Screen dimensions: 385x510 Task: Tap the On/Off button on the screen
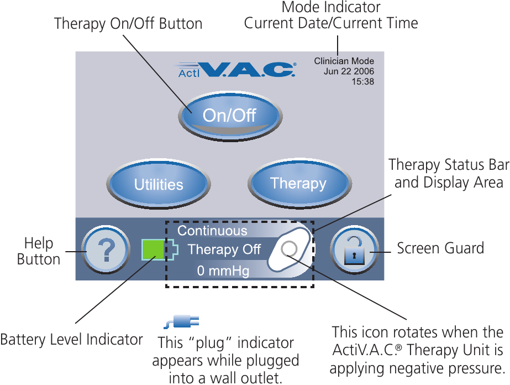pos(229,116)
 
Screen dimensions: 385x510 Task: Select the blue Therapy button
pos(298,183)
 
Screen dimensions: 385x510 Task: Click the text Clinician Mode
pos(344,61)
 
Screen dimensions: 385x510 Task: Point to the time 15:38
pos(362,81)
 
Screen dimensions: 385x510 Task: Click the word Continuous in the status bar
pos(212,231)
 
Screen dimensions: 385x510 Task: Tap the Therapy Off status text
pos(224,249)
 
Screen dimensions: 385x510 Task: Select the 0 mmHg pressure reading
pos(223,271)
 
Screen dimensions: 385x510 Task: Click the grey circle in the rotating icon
pos(289,249)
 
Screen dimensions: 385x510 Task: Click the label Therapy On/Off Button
pos(128,24)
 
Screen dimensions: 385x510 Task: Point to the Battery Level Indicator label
pos(71,339)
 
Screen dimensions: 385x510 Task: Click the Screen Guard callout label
pos(440,248)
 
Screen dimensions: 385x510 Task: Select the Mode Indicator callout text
pos(331,7)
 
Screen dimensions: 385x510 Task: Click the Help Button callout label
pos(39,251)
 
